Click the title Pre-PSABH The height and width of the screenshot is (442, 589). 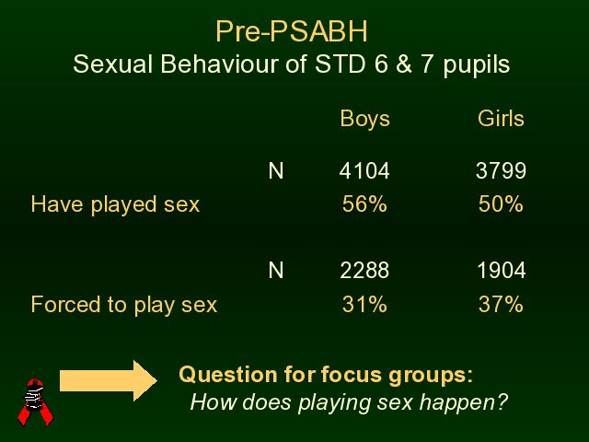click(x=292, y=31)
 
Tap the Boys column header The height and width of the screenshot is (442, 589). click(x=364, y=119)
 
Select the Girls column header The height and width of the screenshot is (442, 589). click(x=501, y=119)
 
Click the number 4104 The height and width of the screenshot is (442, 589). click(x=364, y=170)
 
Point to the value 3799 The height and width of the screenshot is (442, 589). click(x=501, y=170)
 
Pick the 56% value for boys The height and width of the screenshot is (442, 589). click(x=364, y=204)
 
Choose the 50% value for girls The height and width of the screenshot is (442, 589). click(x=501, y=204)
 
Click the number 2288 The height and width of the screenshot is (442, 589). click(x=364, y=270)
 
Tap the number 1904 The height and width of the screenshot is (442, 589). click(x=501, y=270)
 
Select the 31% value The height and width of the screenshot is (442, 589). click(x=364, y=304)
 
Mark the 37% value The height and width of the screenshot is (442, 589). click(x=501, y=304)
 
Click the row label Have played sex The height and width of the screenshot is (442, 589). click(x=115, y=204)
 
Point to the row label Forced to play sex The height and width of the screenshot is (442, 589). click(x=124, y=305)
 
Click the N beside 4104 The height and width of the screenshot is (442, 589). click(x=276, y=171)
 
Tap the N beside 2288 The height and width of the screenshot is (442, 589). click(x=276, y=270)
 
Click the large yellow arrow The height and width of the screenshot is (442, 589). click(x=109, y=380)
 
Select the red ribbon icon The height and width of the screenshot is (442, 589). click(x=35, y=402)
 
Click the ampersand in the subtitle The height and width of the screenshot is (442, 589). click(x=403, y=64)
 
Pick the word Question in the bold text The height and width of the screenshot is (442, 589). click(x=228, y=375)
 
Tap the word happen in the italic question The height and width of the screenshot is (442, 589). click(x=463, y=403)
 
